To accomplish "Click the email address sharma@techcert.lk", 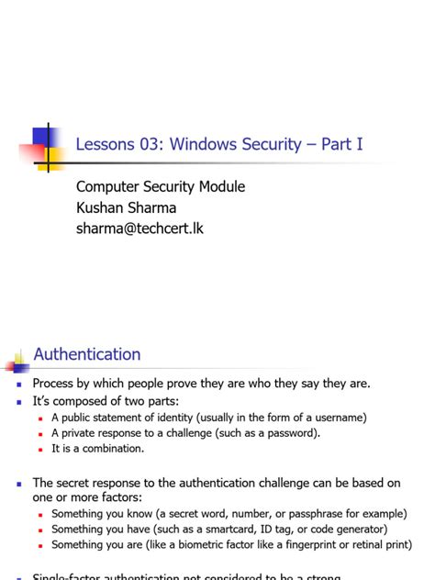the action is coord(139,228).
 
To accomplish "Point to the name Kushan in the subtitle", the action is coord(102,207).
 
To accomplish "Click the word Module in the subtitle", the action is coord(220,187).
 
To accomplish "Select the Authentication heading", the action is coord(87,354).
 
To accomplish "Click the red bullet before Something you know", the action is coord(41,514).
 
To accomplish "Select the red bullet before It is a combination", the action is coord(41,450).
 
